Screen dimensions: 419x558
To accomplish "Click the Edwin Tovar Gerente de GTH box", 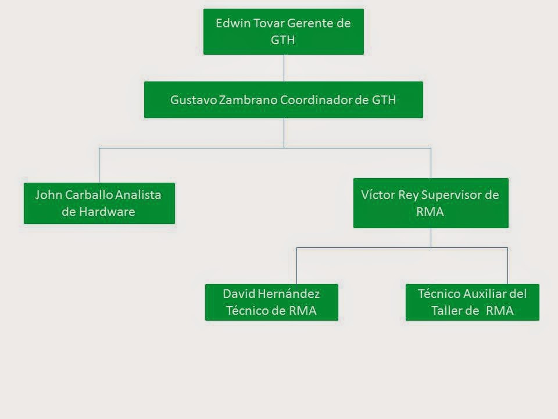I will tap(283, 31).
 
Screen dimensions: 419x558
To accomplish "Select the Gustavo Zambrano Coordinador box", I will tap(283, 100).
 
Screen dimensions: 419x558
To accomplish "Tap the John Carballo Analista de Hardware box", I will tap(99, 203).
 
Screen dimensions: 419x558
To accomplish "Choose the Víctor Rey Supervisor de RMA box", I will tap(431, 203).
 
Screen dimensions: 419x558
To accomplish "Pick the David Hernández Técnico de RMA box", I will tap(271, 301).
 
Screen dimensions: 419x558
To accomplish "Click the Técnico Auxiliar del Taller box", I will tap(472, 301).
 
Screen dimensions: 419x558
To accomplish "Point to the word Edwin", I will tap(230, 23).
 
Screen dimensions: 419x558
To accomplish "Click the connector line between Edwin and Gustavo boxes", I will tap(284, 68).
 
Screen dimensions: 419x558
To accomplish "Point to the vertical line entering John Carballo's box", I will tap(99, 166).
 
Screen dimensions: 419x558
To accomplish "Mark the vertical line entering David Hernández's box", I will tap(297, 266).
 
